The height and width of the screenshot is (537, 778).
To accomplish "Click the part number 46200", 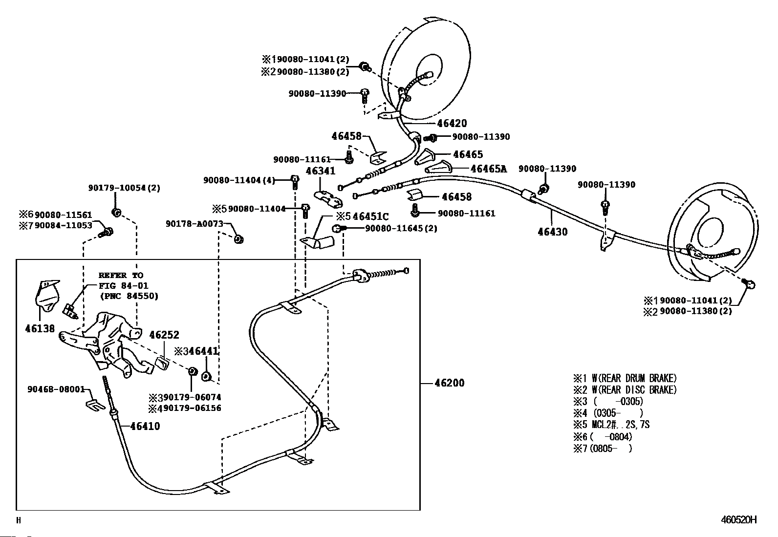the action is click(x=450, y=383).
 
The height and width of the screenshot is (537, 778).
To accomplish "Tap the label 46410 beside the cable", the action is click(x=145, y=426).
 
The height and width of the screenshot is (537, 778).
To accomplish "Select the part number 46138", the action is click(x=40, y=328).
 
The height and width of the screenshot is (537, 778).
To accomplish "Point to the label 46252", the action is click(x=164, y=335).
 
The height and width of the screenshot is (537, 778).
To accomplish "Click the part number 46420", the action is click(x=452, y=123).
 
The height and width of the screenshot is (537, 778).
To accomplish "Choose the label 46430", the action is click(x=553, y=232).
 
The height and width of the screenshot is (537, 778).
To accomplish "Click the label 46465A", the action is click(x=489, y=169).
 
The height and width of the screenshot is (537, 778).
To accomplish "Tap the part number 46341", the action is click(x=321, y=171).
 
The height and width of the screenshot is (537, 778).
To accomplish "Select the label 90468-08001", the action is click(x=56, y=389).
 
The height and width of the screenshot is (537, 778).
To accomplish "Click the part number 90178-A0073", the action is click(x=194, y=224).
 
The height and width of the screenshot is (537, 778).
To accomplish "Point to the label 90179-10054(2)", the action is click(x=124, y=188).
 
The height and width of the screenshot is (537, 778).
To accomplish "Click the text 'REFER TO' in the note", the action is click(x=121, y=276).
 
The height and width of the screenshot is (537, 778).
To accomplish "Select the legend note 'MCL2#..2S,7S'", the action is click(x=621, y=425).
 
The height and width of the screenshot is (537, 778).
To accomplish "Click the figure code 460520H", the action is click(x=739, y=519).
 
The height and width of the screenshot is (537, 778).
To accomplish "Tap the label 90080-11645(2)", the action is click(x=401, y=228).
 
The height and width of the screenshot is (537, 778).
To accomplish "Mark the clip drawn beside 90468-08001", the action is click(x=95, y=405).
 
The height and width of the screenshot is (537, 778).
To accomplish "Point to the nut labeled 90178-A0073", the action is click(x=238, y=239).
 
